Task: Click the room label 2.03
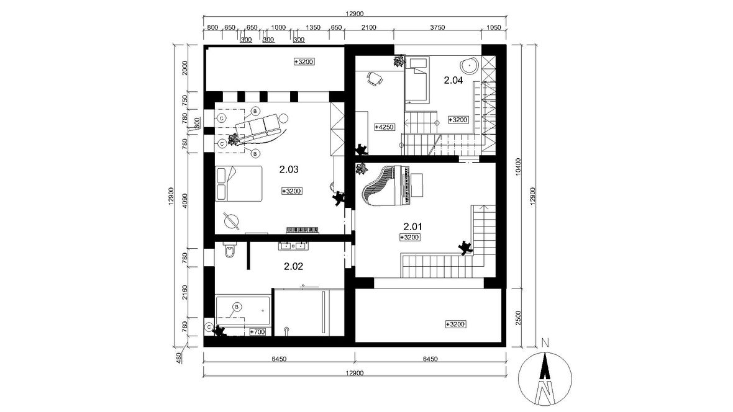tap(289, 169)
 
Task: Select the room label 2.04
tap(453, 80)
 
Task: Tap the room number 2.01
tap(413, 227)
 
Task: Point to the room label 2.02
tap(294, 267)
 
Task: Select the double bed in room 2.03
tap(239, 184)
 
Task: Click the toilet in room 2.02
tap(230, 251)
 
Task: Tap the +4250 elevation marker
tap(385, 127)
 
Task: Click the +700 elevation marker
tap(258, 332)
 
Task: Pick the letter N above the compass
tap(545, 343)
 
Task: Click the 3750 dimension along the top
tap(437, 27)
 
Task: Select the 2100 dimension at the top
tap(369, 27)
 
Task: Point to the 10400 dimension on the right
tap(517, 166)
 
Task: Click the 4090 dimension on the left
tap(185, 200)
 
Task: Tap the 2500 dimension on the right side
tap(517, 318)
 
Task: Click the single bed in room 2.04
tap(417, 80)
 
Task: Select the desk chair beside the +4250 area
tap(375, 78)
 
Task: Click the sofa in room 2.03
tap(260, 127)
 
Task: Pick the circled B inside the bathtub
tap(237, 307)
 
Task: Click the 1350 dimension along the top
tap(312, 27)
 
